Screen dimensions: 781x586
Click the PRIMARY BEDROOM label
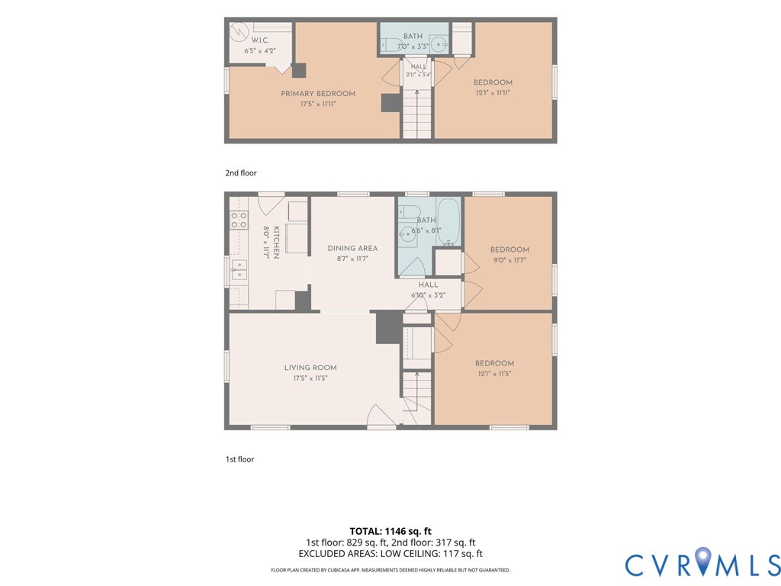[x=318, y=93]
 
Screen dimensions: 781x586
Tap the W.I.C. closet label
[x=260, y=40]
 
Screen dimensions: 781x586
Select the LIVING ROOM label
[x=310, y=367]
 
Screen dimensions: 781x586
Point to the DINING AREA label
[x=352, y=248]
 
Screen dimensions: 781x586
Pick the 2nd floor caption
[x=241, y=173]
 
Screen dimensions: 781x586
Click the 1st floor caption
[x=239, y=459]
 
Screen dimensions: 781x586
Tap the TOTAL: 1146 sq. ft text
[x=390, y=531]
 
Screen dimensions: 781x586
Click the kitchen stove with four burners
[x=239, y=220]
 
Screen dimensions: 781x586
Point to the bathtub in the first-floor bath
[x=448, y=222]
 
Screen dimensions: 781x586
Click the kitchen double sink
[x=239, y=269]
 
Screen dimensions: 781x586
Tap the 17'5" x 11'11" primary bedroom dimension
[x=318, y=104]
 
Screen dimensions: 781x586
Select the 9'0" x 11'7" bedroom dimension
[x=509, y=260]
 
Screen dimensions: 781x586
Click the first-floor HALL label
[x=429, y=285]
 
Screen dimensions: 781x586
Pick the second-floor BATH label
[x=413, y=36]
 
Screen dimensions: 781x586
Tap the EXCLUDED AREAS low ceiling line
[x=390, y=554]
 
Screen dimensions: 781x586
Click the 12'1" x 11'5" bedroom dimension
[x=494, y=374]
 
